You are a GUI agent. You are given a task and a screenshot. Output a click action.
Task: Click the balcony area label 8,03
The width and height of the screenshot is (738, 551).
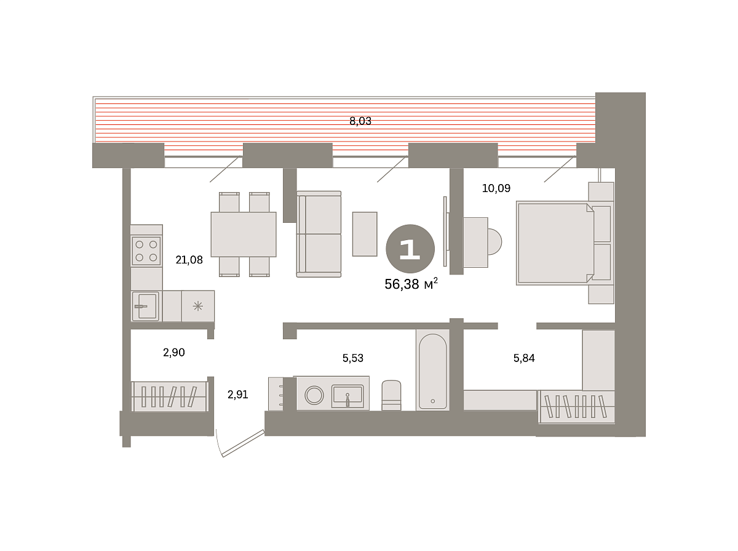click(x=360, y=121)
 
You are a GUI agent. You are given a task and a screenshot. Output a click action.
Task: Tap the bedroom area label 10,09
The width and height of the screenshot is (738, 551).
click(x=496, y=188)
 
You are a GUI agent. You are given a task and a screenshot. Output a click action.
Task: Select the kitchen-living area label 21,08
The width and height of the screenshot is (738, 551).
click(x=189, y=260)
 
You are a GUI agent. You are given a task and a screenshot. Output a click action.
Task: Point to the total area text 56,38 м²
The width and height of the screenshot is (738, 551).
click(x=411, y=284)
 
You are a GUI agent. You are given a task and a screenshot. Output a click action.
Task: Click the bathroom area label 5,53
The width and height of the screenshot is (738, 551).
click(x=352, y=358)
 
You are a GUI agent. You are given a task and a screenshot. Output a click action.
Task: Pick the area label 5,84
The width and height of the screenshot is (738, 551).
click(x=524, y=358)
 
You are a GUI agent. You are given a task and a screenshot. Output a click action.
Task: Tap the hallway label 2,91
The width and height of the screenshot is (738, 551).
click(x=238, y=394)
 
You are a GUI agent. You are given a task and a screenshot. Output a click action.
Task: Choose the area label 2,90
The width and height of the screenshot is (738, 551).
click(x=174, y=352)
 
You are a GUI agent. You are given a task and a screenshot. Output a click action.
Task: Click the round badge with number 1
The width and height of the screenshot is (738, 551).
click(x=410, y=249)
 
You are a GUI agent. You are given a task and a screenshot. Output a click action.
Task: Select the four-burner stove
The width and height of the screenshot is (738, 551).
click(x=146, y=251)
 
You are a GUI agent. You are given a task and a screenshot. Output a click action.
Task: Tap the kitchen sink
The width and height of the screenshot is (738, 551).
click(x=146, y=306)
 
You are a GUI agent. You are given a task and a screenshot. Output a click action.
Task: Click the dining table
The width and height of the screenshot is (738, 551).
click(x=244, y=235)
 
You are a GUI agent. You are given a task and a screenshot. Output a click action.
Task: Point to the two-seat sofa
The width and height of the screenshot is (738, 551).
click(x=319, y=235)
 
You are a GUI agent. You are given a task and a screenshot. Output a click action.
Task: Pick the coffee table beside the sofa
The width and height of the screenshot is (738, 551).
click(x=365, y=234)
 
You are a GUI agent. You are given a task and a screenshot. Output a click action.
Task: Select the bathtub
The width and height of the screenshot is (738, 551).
click(x=433, y=370)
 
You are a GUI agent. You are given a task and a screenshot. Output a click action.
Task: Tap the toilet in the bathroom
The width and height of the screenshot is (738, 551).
click(x=391, y=395)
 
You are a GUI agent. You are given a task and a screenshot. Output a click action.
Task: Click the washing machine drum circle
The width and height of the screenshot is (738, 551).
click(x=314, y=395)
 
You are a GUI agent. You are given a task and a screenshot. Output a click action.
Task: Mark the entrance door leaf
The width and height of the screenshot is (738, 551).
click(x=244, y=443)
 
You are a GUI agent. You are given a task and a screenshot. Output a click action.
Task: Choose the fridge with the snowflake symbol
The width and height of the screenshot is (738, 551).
click(x=198, y=306)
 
